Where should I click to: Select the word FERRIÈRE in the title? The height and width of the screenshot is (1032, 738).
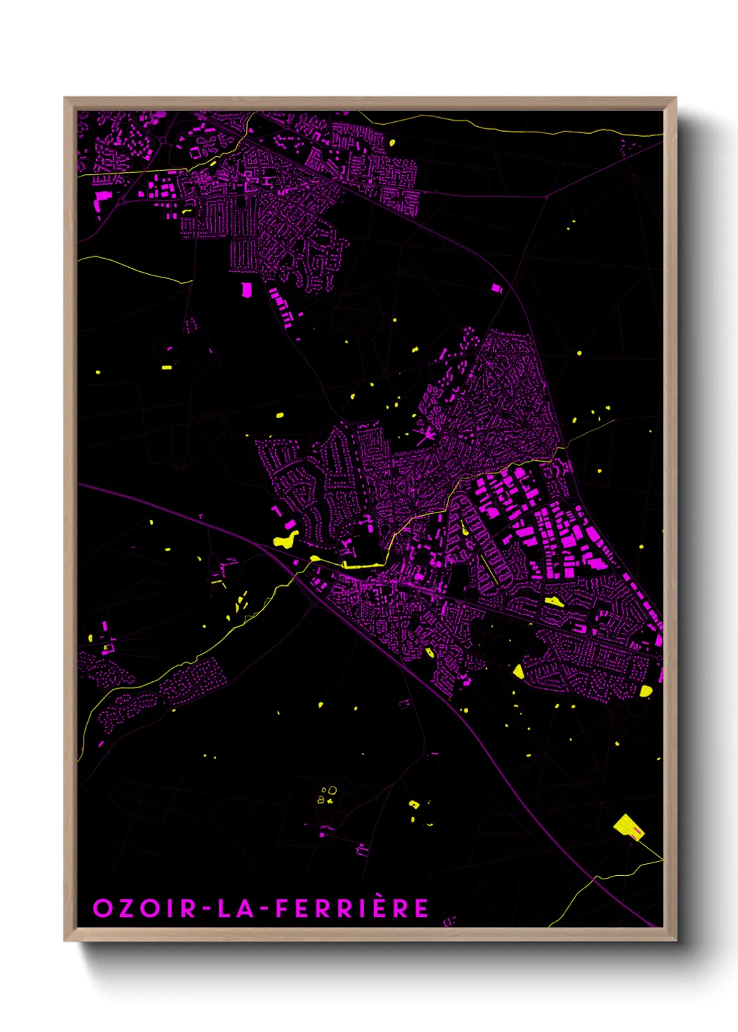click(x=352, y=909)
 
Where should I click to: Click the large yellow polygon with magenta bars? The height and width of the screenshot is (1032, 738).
click(x=628, y=826)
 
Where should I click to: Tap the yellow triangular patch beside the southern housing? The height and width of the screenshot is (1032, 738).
click(x=518, y=671)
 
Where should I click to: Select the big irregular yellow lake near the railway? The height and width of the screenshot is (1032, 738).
click(x=285, y=540)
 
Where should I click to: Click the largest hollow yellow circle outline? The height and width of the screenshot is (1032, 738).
click(x=333, y=790)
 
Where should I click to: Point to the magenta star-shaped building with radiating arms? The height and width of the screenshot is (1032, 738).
click(x=425, y=435)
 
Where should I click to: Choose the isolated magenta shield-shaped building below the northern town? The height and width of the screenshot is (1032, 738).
click(x=246, y=289)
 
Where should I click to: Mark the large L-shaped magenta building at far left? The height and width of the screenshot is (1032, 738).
click(x=101, y=199)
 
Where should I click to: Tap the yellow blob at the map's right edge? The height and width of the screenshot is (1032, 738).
click(x=646, y=691)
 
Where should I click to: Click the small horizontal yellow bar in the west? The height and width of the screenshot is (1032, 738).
click(x=167, y=367)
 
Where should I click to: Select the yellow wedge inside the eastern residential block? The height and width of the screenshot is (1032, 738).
click(x=555, y=601)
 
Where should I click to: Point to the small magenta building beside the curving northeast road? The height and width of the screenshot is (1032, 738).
click(x=496, y=287)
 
